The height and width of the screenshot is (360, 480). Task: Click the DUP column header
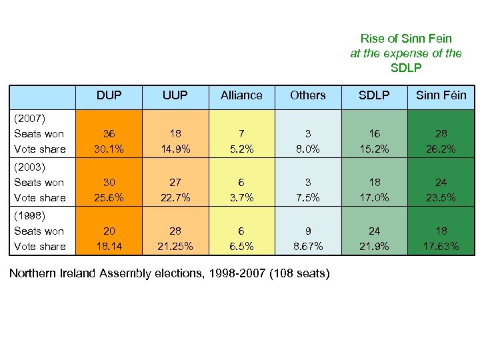tap(109, 95)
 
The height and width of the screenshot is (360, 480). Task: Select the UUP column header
tap(175, 95)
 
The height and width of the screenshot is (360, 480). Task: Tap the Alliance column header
tap(241, 95)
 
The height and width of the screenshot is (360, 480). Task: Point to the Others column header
tap(307, 95)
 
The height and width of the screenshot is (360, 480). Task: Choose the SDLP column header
tap(374, 95)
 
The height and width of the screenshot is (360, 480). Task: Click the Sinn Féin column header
tap(441, 95)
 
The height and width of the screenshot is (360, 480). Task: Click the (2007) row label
tap(29, 119)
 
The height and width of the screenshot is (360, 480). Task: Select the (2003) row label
tap(29, 167)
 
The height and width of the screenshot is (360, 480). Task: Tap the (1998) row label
tap(29, 216)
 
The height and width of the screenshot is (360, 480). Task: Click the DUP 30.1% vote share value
tap(109, 149)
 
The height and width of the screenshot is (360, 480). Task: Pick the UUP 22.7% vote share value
tap(175, 197)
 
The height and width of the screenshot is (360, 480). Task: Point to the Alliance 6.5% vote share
tap(241, 246)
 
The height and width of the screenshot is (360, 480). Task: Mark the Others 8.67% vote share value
tap(307, 246)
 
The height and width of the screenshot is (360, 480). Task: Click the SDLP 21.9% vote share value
tap(374, 246)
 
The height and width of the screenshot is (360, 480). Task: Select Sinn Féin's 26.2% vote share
tap(441, 149)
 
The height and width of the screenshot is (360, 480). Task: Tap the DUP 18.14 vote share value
tap(109, 246)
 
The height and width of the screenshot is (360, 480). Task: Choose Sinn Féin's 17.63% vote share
tap(441, 246)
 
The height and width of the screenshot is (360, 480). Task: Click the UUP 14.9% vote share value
tap(175, 149)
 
